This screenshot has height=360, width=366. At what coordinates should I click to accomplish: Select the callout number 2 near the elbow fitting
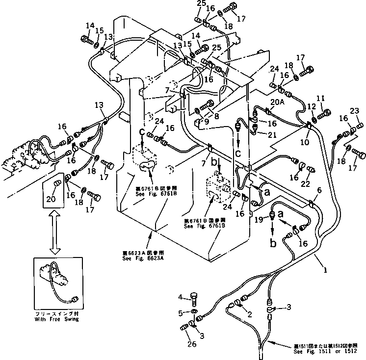(250, 314)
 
